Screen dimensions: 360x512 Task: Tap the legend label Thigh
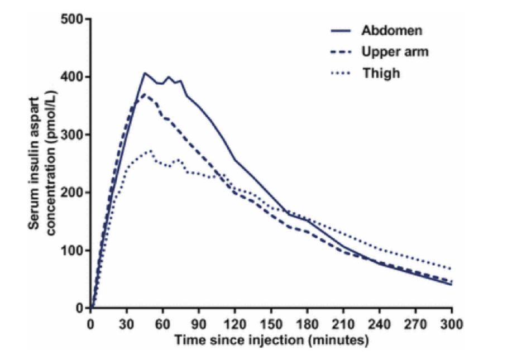pyautogui.click(x=381, y=73)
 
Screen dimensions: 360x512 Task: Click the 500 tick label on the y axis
pyautogui.click(x=73, y=20)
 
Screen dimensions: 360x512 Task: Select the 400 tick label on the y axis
pyautogui.click(x=73, y=77)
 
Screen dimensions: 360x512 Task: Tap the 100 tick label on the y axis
pyautogui.click(x=73, y=251)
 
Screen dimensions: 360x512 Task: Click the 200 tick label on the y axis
pyautogui.click(x=73, y=193)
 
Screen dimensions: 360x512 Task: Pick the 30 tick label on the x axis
pyautogui.click(x=127, y=323)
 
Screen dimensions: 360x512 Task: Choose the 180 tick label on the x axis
pyautogui.click(x=307, y=323)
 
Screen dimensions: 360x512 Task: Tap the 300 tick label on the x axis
pyautogui.click(x=452, y=323)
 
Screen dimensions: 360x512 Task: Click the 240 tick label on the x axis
pyautogui.click(x=380, y=323)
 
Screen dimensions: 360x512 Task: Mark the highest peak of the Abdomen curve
pyautogui.click(x=144, y=73)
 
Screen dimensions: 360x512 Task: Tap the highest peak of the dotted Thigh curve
pyautogui.click(x=150, y=150)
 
